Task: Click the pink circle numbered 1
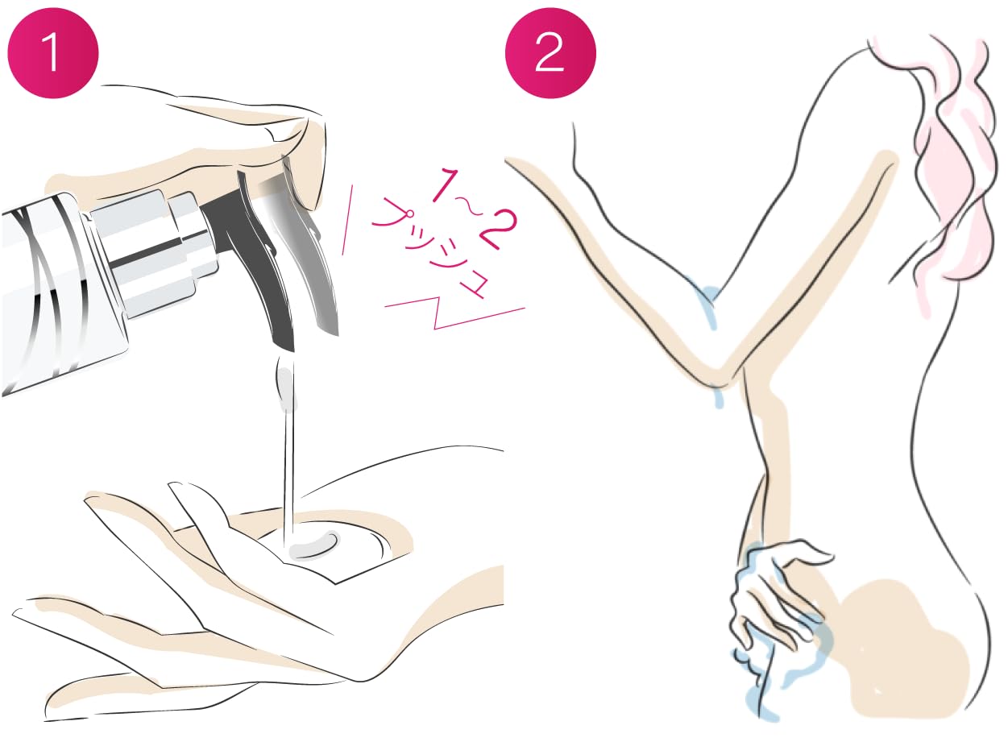click(x=53, y=52)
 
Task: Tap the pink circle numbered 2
click(x=550, y=52)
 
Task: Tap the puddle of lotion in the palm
click(x=314, y=547)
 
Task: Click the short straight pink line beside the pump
click(x=347, y=220)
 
